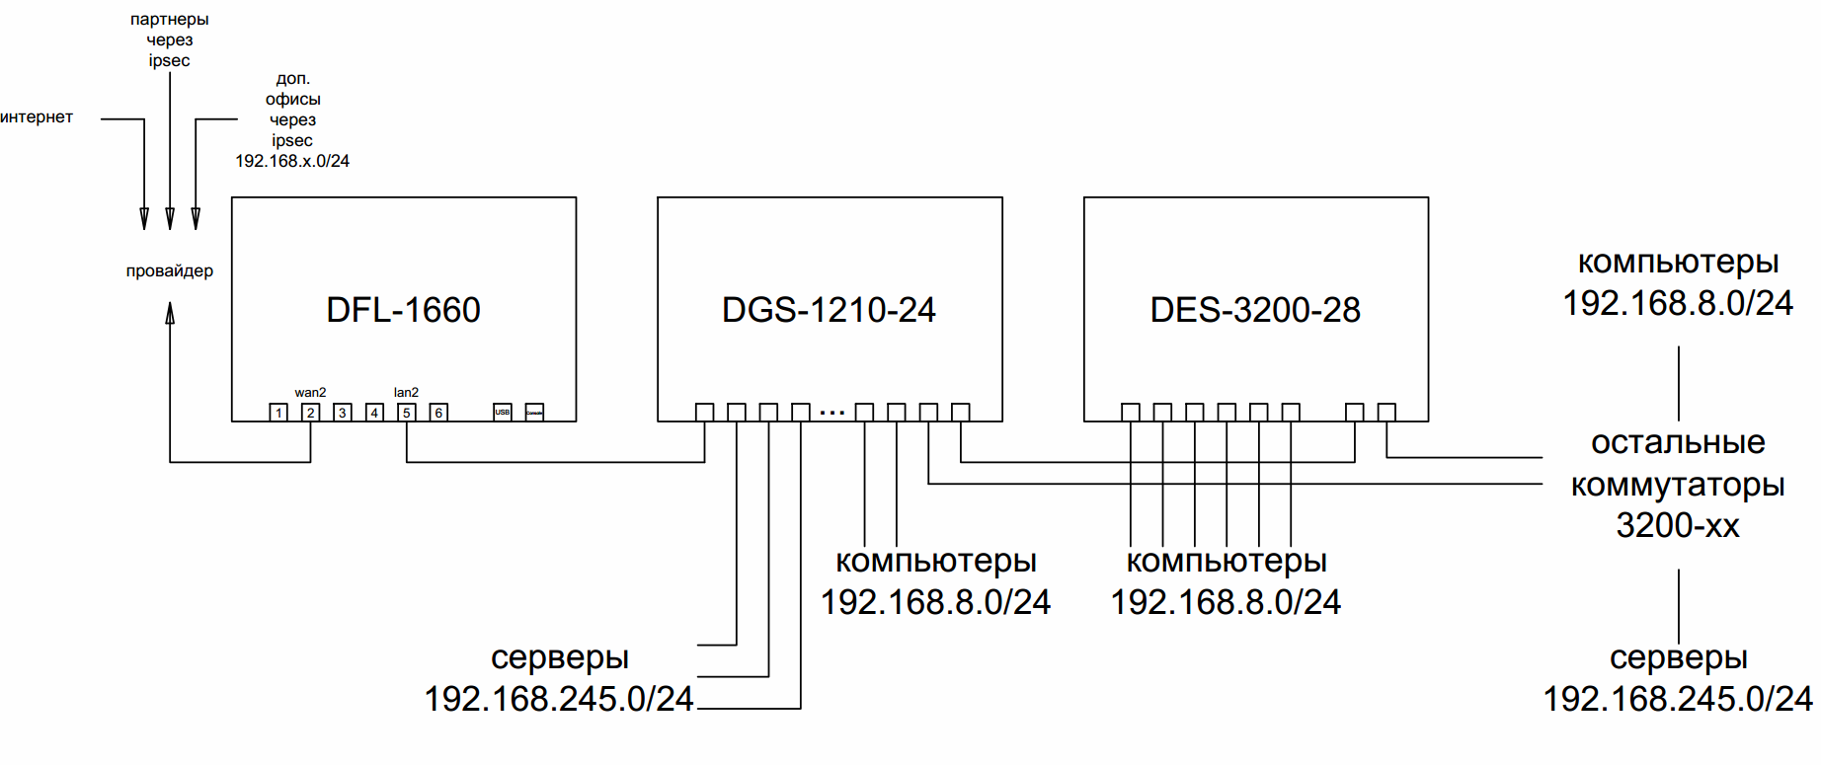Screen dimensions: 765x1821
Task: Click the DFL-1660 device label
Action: pos(403,310)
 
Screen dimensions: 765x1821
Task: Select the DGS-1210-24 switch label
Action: pos(829,310)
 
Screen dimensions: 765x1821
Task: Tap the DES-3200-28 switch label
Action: pos(1255,310)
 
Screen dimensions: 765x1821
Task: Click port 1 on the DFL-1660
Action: pos(278,413)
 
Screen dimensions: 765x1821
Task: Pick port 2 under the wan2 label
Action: pos(310,413)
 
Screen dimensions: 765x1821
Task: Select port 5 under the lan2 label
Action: pos(407,413)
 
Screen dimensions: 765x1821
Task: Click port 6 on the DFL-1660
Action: pos(438,413)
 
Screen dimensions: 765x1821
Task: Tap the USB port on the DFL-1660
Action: pos(503,413)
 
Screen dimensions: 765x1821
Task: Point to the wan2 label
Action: pos(310,393)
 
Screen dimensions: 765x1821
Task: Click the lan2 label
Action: pos(406,393)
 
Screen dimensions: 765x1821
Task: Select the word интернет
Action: pos(37,117)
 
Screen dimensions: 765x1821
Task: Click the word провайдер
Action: pos(170,271)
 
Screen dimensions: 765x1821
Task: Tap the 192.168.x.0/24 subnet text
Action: pos(292,161)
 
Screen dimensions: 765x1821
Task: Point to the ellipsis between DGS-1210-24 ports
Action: pos(832,413)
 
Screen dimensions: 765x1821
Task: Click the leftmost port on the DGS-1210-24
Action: pos(704,413)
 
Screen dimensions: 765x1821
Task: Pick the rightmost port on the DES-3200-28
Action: pos(1386,413)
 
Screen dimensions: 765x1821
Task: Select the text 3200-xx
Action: pos(1678,525)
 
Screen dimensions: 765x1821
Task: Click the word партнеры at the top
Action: pos(170,20)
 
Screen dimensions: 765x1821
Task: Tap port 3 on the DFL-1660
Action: pos(343,413)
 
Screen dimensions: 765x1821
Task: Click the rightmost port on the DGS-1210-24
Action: pos(960,413)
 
